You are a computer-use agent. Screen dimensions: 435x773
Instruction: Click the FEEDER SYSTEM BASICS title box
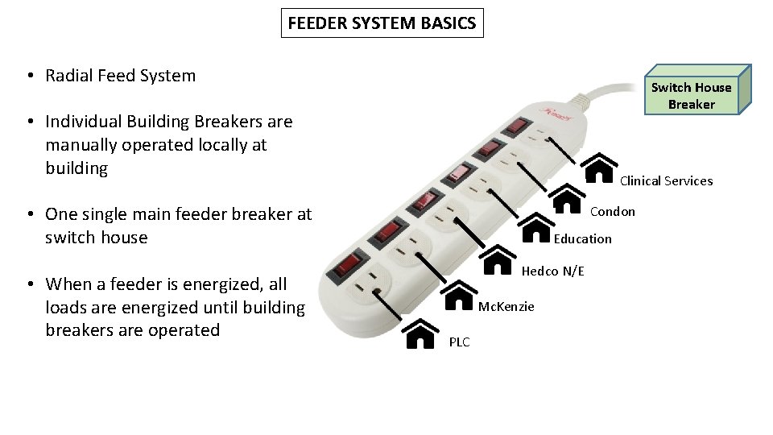click(382, 23)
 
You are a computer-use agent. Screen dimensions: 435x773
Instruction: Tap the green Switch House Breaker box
click(691, 96)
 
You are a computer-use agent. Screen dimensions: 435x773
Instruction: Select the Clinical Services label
click(666, 180)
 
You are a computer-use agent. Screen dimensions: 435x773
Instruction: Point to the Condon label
click(612, 211)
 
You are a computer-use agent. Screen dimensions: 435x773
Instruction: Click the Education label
click(582, 238)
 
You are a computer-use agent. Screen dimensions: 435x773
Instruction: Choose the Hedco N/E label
click(552, 271)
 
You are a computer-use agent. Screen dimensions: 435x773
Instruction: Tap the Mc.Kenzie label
click(506, 306)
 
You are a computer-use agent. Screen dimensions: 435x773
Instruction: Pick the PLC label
click(459, 342)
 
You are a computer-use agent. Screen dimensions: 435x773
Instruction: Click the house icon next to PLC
click(422, 333)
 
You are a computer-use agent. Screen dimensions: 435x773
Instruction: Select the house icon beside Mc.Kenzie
click(460, 296)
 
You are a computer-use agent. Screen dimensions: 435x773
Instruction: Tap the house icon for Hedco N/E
click(499, 261)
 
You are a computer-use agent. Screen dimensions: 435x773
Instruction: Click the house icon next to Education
click(536, 228)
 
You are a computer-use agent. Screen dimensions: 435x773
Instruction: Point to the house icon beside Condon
click(568, 197)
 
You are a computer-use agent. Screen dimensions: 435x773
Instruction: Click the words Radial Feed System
click(121, 76)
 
